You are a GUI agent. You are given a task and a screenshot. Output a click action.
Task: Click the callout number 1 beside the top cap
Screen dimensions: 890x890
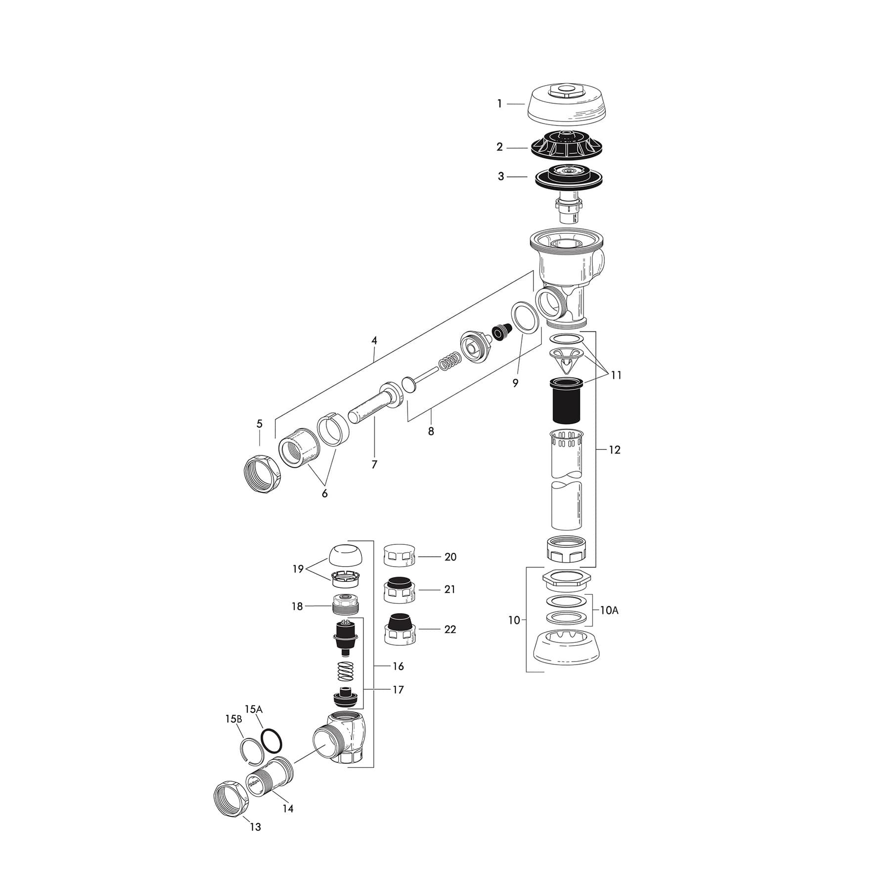[499, 104]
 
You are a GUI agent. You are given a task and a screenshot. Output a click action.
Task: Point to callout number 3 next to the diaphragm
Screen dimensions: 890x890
[501, 177]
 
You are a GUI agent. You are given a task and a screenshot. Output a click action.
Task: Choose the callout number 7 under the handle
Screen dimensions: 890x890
[374, 465]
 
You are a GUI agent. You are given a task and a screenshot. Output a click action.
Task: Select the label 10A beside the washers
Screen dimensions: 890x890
[609, 611]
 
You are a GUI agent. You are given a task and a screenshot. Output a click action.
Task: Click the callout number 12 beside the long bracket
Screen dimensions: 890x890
[614, 450]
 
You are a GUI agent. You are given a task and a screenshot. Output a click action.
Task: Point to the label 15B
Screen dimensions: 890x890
[233, 719]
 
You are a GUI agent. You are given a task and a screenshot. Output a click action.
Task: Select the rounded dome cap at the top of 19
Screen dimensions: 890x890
[349, 555]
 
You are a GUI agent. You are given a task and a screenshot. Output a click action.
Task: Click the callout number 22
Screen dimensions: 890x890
[450, 629]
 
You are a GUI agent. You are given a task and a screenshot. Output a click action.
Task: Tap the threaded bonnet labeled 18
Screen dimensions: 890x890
[349, 605]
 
